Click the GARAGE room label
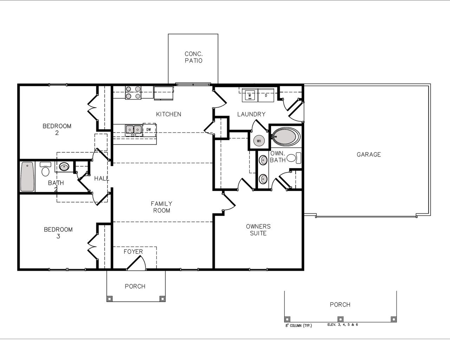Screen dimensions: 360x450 coord(368,154)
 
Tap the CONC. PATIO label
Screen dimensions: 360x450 coord(193,57)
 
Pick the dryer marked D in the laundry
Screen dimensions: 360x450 coord(266,95)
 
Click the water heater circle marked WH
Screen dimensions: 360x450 coord(259,141)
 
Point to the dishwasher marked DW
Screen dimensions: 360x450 coord(149,130)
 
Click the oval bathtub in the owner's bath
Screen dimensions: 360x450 coord(286,136)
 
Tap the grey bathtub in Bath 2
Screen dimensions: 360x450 coord(27,176)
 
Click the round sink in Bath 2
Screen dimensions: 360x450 coord(64,167)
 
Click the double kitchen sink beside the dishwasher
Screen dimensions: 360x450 coord(134,130)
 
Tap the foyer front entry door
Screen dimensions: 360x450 coord(135,263)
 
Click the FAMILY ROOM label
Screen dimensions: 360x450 coord(161,207)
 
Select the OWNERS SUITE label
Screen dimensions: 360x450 coord(258,230)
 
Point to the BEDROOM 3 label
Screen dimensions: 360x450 coord(58,233)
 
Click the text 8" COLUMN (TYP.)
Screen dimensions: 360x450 coord(298,325)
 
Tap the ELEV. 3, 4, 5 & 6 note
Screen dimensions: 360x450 coord(342,324)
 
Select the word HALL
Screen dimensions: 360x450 coord(102,179)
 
